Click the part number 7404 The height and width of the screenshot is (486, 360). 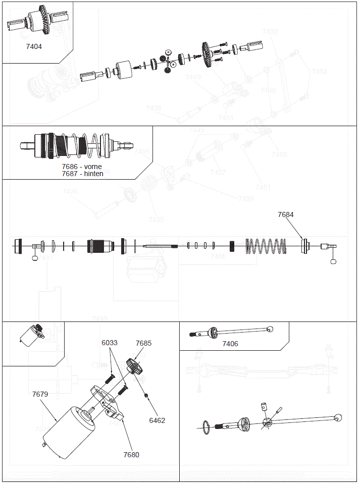click(x=34, y=46)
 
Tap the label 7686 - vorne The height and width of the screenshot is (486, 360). click(x=82, y=167)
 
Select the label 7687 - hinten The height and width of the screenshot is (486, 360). click(x=82, y=174)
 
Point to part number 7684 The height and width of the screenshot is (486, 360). click(x=285, y=214)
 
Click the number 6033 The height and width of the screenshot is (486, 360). click(x=109, y=343)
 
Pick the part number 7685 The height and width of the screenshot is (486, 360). click(x=143, y=343)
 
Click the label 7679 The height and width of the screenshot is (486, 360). click(x=40, y=394)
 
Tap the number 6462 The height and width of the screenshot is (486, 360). click(x=157, y=420)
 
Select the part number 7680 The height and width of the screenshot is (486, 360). click(x=131, y=455)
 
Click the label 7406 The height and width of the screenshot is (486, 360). click(x=230, y=344)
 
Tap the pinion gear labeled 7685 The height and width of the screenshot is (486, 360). click(x=134, y=366)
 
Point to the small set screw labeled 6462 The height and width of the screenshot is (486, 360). click(x=146, y=395)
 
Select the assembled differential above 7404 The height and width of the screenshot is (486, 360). click(x=34, y=23)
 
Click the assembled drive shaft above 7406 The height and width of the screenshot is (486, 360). click(x=232, y=332)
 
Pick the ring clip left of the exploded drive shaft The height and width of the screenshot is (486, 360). click(x=206, y=426)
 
